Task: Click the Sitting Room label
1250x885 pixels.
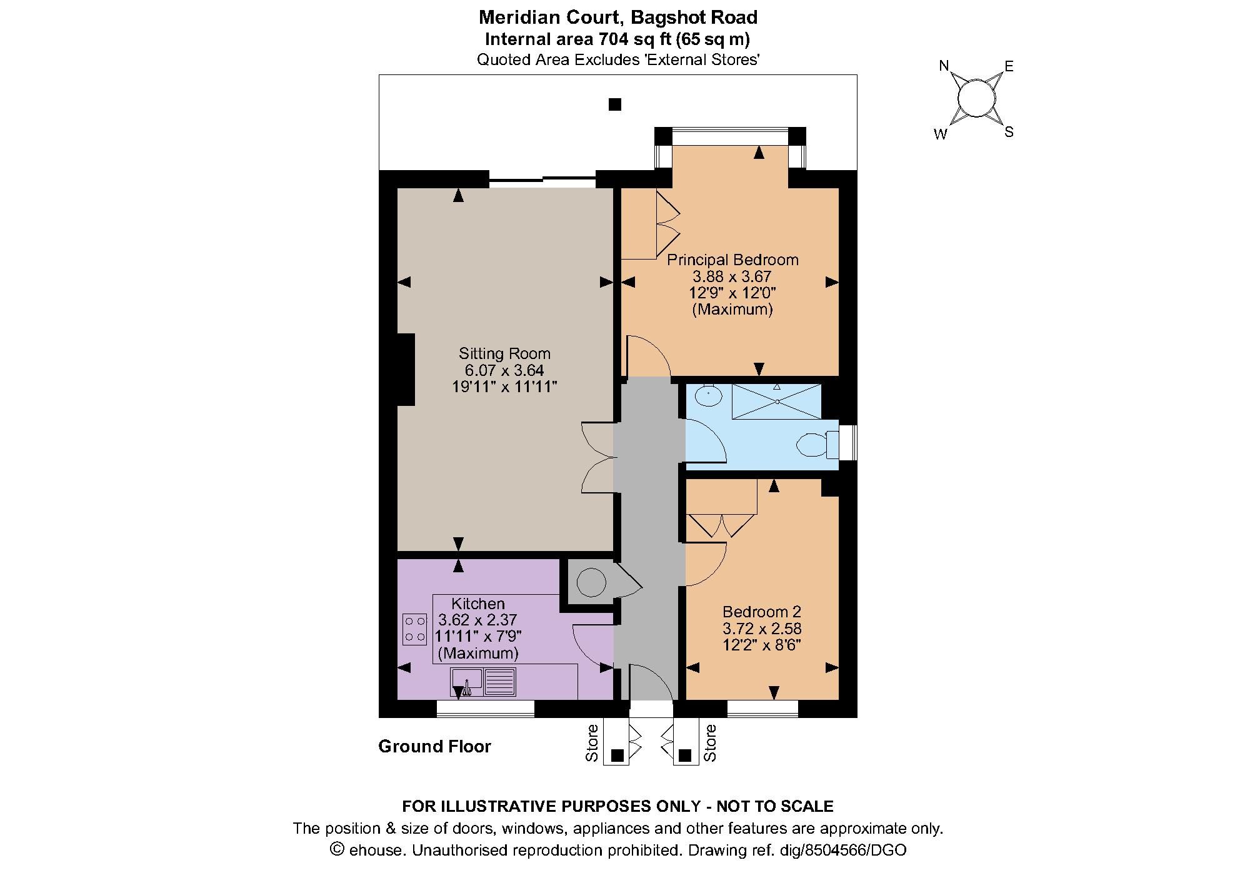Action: (504, 353)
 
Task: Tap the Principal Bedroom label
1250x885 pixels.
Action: (732, 260)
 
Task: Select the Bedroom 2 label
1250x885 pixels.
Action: (761, 612)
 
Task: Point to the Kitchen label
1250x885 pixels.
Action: (478, 604)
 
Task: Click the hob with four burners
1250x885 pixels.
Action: (415, 629)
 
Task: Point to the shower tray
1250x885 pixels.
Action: (776, 402)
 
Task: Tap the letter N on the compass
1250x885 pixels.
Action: (944, 66)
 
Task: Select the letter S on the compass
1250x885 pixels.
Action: (1008, 133)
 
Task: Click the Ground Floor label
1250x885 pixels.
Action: (435, 746)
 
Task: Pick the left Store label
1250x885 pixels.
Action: (592, 742)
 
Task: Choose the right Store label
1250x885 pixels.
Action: (710, 742)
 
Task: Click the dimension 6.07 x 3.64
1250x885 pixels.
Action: (504, 370)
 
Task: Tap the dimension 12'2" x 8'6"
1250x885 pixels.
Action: (761, 645)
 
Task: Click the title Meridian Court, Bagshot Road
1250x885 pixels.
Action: (617, 17)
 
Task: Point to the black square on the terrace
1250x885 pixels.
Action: (615, 104)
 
